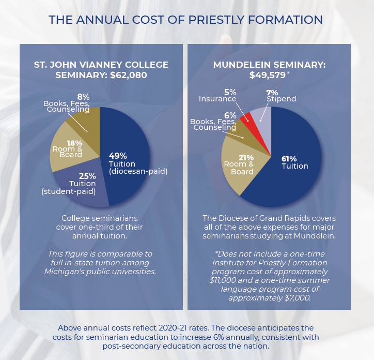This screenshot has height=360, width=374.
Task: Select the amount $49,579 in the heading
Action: click(267, 75)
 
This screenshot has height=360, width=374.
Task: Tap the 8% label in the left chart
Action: click(84, 97)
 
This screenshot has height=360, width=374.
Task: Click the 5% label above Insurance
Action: click(230, 92)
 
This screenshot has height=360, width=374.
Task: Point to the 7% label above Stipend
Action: click(273, 92)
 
